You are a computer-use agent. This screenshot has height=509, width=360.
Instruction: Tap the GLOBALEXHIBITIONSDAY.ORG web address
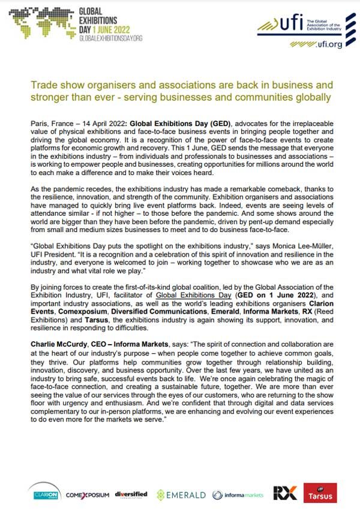pyautogui.click(x=110, y=38)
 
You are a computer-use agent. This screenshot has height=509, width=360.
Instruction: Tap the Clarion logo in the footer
pyautogui.click(x=44, y=495)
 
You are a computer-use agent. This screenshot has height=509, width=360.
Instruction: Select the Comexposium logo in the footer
pyautogui.click(x=88, y=495)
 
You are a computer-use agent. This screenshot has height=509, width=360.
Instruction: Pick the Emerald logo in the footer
pyautogui.click(x=181, y=495)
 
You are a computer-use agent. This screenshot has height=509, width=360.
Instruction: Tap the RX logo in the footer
pyautogui.click(x=284, y=493)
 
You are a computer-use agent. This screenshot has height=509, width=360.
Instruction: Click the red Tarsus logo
pyautogui.click(x=320, y=493)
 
